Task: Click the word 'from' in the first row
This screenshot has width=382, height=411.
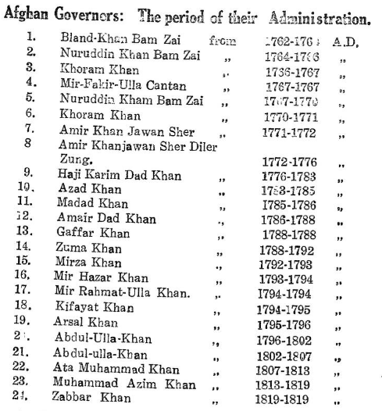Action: click(x=224, y=37)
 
